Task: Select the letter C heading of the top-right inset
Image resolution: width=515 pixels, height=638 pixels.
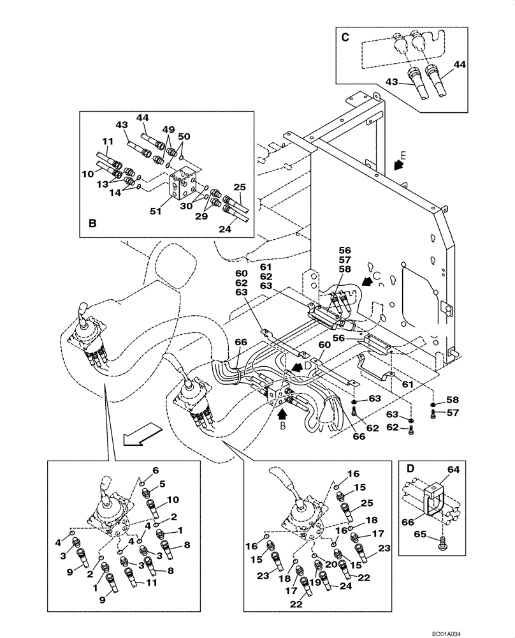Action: coord(345,37)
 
